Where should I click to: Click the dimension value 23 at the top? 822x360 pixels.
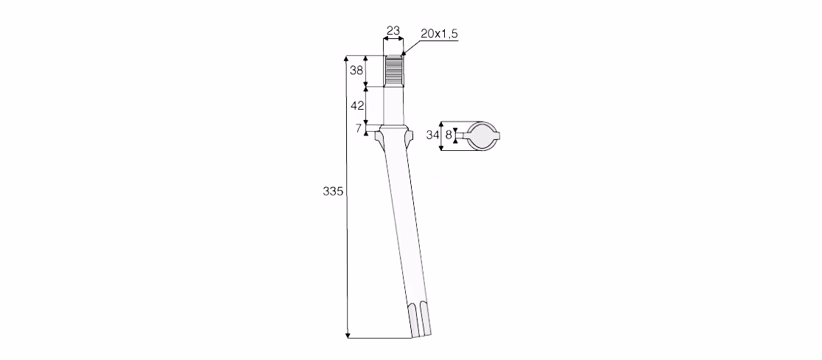(393, 30)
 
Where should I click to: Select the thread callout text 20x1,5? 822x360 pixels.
(439, 34)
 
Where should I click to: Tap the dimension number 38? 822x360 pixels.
(356, 70)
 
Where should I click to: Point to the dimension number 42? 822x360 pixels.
(357, 105)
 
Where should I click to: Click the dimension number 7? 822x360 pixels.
(359, 128)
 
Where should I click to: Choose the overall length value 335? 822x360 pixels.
(333, 191)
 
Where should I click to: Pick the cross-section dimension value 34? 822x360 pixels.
(432, 135)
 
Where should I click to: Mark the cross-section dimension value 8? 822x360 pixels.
(449, 135)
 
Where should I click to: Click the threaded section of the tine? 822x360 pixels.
(394, 71)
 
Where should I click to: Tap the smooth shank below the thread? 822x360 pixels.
(394, 106)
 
